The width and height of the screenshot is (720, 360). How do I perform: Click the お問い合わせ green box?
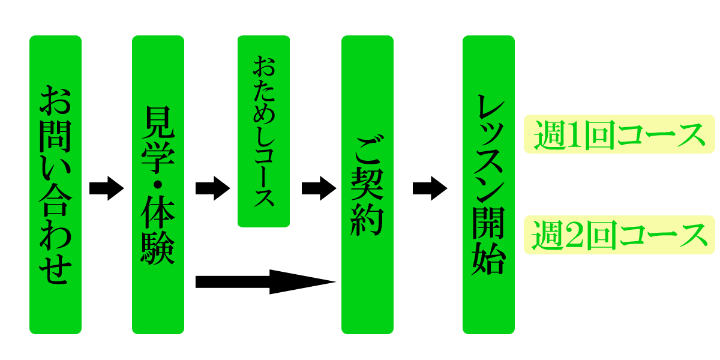55,185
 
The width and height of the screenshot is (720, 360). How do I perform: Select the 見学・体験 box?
158,185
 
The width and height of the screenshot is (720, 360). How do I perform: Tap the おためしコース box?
263,131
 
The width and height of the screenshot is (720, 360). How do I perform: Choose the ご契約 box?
367,185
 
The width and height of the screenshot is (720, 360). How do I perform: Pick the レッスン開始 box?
488,185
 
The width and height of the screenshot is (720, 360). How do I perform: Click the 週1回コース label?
619,134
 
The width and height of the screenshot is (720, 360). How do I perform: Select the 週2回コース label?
619,235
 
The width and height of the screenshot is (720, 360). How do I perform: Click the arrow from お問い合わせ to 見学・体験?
106,188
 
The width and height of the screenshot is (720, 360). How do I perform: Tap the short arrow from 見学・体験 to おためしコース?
212,188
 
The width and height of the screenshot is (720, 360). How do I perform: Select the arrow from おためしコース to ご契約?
318,188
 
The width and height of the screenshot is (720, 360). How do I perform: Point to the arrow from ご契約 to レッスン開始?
430,188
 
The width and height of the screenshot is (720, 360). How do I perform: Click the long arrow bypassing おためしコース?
264,281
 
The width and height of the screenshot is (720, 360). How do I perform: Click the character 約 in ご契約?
367,218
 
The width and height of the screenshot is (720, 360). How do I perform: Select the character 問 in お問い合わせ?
55,133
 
